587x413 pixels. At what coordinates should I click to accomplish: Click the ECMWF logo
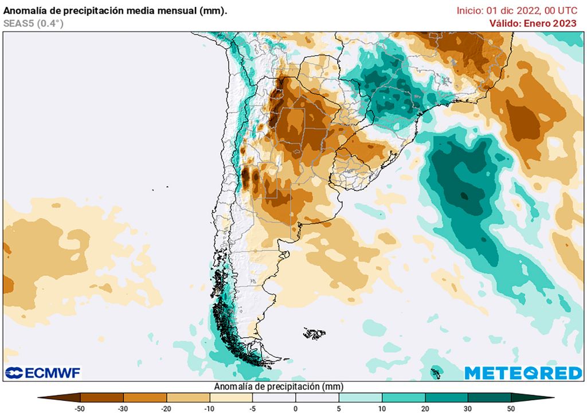coord(43,373)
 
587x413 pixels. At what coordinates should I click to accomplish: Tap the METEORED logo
coord(523,373)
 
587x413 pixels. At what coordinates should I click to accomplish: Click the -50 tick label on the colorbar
coord(80,408)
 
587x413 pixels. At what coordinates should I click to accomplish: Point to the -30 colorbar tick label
coord(123,408)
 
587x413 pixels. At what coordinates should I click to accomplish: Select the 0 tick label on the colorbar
coord(296,408)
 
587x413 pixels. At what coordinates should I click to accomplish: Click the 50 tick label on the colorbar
coord(511,408)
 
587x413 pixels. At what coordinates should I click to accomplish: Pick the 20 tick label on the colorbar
coord(425,408)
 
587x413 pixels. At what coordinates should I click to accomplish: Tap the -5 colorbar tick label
coord(252,408)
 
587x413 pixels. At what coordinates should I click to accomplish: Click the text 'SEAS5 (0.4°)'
coord(34,23)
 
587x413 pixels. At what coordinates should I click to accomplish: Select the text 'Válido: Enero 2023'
coord(533,23)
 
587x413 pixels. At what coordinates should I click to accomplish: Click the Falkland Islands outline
coord(315,333)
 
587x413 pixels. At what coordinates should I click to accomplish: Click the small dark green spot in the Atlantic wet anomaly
coord(464,196)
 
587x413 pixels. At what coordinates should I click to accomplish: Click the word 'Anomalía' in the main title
coord(25,10)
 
